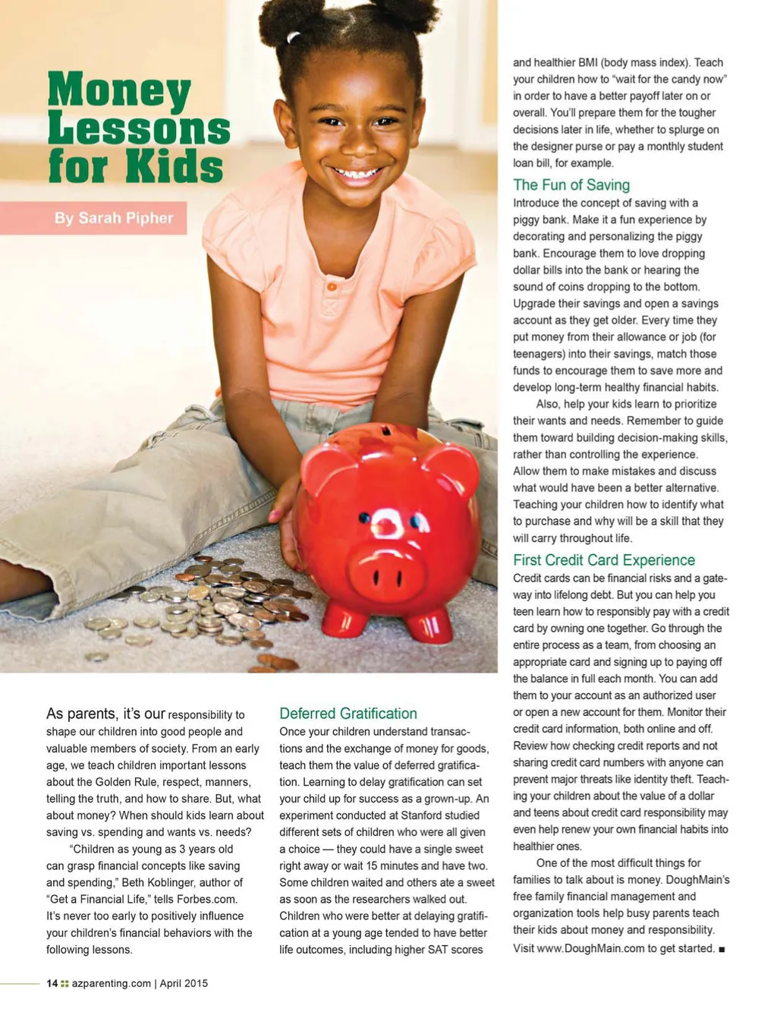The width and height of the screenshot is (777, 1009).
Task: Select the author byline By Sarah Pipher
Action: (x=114, y=218)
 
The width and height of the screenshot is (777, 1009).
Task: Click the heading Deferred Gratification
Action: (x=348, y=714)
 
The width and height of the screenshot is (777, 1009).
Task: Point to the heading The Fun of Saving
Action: (x=571, y=184)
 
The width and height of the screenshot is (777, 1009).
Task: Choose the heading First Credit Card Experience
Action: (x=604, y=560)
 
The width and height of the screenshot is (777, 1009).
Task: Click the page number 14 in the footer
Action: (x=52, y=983)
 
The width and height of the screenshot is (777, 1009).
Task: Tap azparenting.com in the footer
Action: (x=112, y=983)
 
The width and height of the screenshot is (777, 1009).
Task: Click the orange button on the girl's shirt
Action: (x=331, y=286)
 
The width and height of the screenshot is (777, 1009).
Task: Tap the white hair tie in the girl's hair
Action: (x=293, y=36)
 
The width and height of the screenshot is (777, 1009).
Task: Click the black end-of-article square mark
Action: (x=722, y=949)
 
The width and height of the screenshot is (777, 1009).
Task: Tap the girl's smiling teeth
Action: (x=356, y=174)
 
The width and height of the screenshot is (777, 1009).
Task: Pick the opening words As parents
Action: (x=82, y=714)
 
